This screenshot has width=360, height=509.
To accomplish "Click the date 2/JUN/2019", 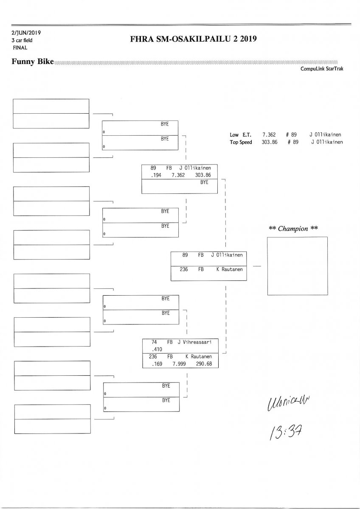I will pyautogui.click(x=26, y=33).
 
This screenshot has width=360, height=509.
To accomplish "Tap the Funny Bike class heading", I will pyautogui.click(x=33, y=62).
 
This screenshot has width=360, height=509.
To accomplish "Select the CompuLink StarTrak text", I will pyautogui.click(x=321, y=69).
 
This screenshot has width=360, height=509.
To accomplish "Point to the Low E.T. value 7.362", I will pyautogui.click(x=270, y=134).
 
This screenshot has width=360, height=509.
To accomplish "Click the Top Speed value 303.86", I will pyautogui.click(x=270, y=142).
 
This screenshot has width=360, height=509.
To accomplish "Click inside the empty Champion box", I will pyautogui.click(x=297, y=266).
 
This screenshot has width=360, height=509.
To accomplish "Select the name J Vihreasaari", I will pyautogui.click(x=198, y=342).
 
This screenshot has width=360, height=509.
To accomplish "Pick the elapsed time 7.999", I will pyautogui.click(x=179, y=364).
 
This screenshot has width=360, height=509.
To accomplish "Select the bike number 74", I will pyautogui.click(x=155, y=342).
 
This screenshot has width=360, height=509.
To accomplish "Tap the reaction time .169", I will pyautogui.click(x=152, y=364).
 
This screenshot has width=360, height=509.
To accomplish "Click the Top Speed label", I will pyautogui.click(x=241, y=142).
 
